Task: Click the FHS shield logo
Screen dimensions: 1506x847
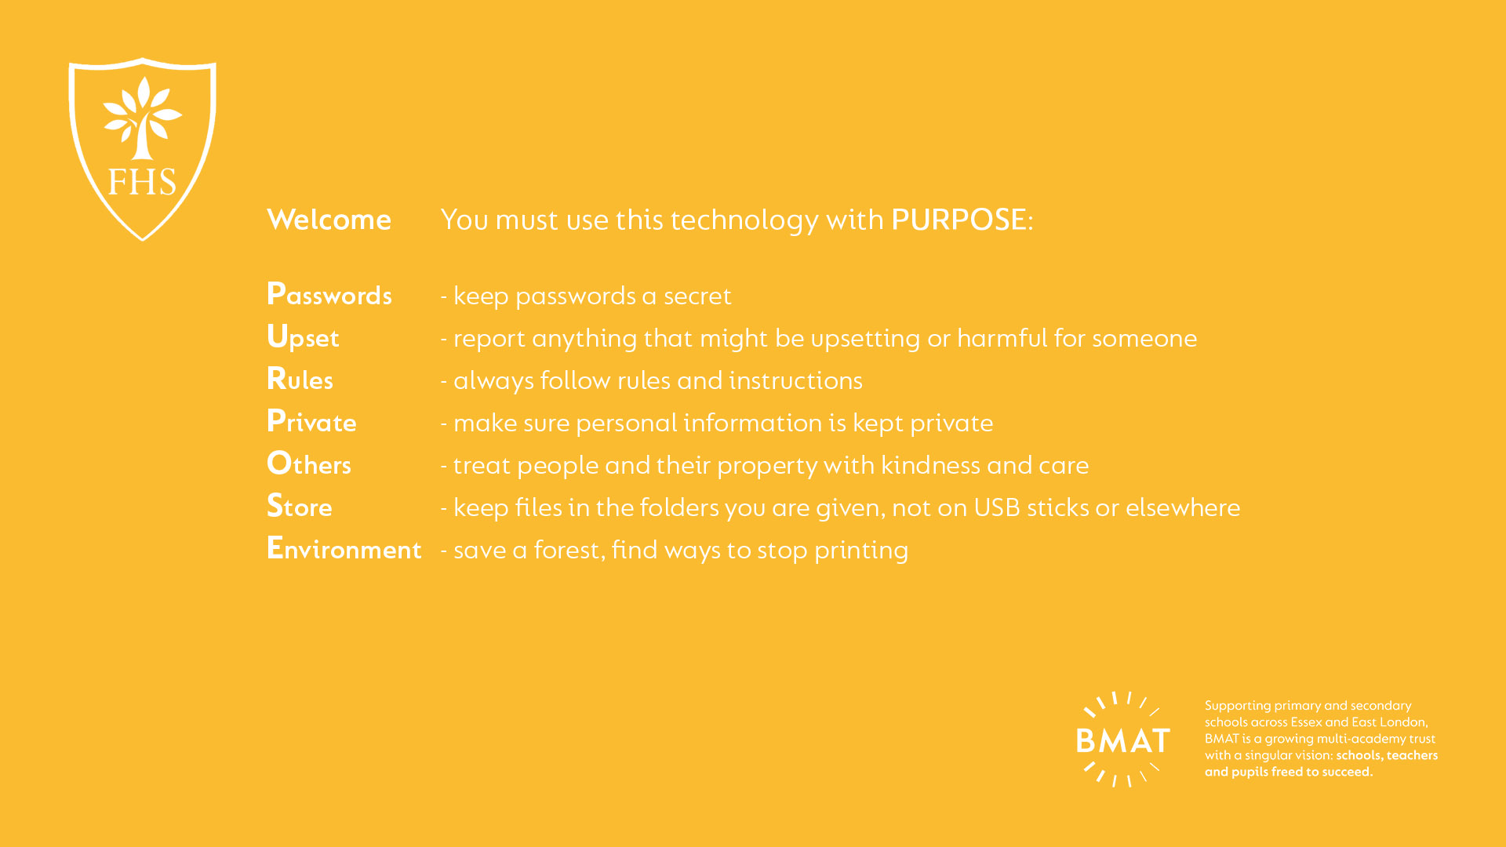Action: [142, 149]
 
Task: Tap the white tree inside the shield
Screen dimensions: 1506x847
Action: [142, 118]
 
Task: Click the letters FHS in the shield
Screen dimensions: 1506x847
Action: [142, 182]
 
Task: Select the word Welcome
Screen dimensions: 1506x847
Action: [329, 220]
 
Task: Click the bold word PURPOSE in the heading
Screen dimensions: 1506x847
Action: [959, 220]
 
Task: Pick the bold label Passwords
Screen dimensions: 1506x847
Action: [329, 294]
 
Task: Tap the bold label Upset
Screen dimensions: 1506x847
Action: [303, 337]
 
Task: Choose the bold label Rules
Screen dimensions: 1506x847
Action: [300, 379]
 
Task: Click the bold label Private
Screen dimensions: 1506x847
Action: [311, 421]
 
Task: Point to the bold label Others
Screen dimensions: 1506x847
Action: [309, 463]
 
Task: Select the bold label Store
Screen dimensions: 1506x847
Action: [299, 506]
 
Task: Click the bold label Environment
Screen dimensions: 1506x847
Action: [344, 548]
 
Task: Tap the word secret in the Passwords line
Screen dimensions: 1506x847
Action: [697, 296]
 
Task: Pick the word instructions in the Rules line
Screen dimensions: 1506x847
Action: [795, 380]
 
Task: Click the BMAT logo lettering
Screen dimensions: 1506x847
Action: [1123, 740]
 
